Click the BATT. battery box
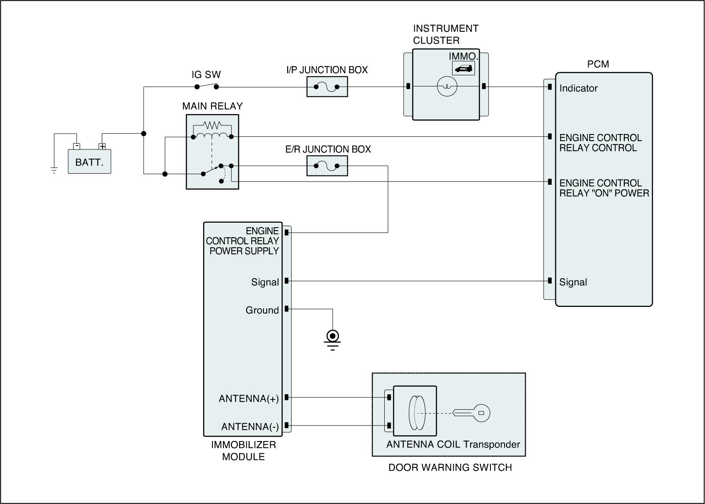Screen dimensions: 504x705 point(89,162)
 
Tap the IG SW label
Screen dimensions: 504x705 point(206,75)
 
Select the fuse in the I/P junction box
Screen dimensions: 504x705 point(327,87)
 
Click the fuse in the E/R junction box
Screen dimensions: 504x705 point(327,166)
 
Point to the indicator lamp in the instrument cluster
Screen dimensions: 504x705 point(447,87)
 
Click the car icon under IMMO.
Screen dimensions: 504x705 point(464,68)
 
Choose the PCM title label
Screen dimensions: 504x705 point(598,64)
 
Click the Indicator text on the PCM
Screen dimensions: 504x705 point(578,88)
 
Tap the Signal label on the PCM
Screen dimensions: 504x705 point(573,282)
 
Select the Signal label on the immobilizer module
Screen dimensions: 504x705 point(265,282)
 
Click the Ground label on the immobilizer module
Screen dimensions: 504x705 point(262,310)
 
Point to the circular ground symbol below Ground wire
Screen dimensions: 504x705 point(332,336)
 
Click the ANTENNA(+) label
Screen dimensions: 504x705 point(249,399)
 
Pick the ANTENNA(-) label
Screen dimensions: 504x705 point(250,427)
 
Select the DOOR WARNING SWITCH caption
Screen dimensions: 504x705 point(450,467)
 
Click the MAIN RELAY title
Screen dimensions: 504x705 point(212,106)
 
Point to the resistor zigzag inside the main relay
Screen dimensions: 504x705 point(212,125)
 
